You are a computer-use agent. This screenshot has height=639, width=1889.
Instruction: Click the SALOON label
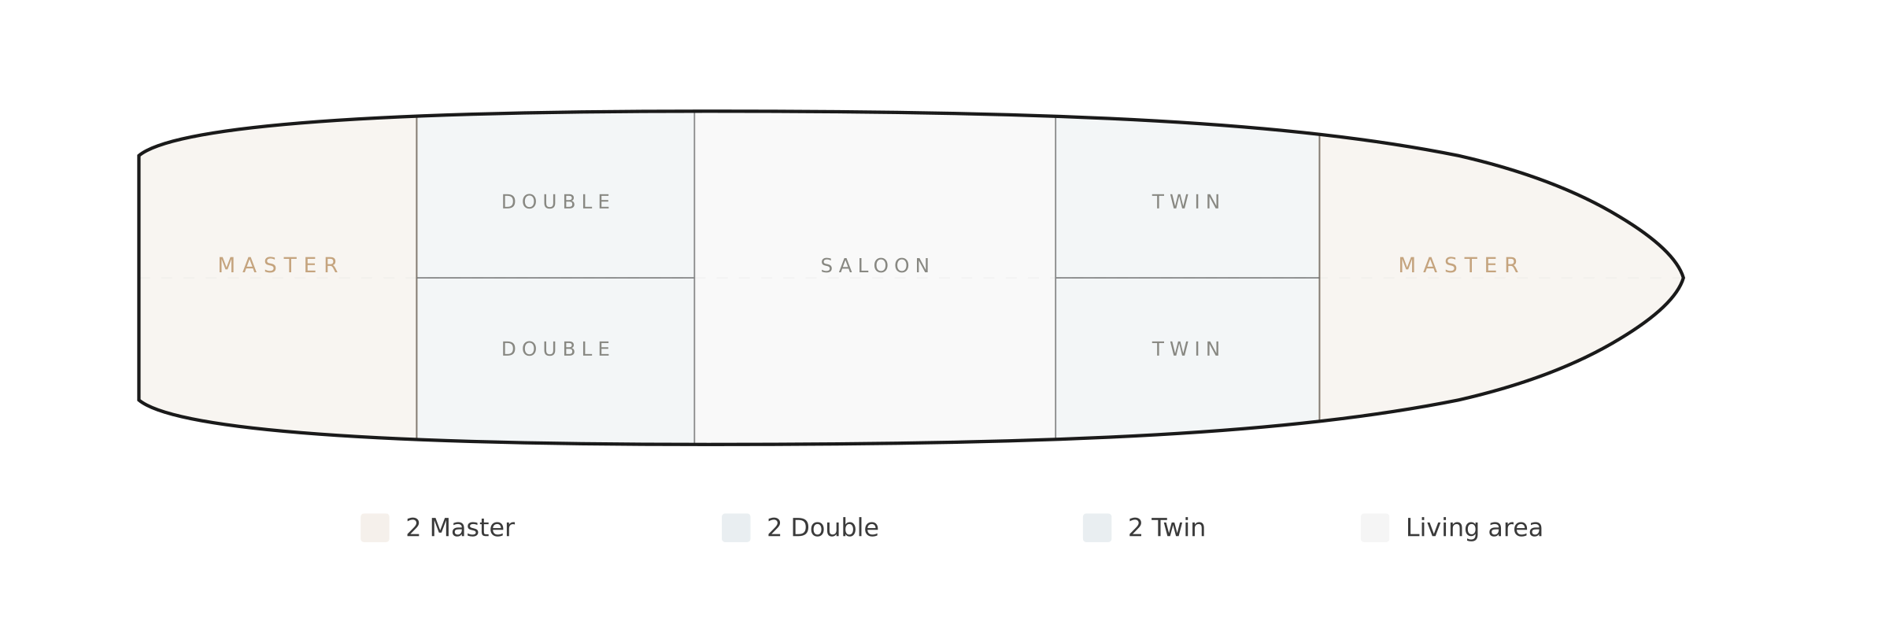(875, 266)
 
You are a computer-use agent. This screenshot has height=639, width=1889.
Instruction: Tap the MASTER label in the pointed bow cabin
(1458, 265)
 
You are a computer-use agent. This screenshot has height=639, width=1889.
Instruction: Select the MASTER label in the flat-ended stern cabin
(279, 265)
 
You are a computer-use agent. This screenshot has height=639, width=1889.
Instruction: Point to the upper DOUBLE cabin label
(556, 202)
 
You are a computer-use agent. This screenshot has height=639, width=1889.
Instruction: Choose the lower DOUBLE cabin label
(556, 349)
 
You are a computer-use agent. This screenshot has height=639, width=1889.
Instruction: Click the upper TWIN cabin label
(1186, 202)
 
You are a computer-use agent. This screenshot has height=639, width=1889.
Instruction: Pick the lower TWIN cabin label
(1186, 349)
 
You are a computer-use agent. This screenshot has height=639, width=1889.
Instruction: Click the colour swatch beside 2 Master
(375, 528)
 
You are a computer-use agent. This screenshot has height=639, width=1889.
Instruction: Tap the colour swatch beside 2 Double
(736, 528)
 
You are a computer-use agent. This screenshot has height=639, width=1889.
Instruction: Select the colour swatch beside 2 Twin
(1097, 528)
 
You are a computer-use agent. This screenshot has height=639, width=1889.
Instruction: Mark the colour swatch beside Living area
(1375, 528)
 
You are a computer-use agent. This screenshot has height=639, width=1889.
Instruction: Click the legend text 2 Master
(460, 528)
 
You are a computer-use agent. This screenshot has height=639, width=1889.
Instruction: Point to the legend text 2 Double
(823, 528)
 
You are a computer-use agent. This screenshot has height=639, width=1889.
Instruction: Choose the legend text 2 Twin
(1166, 528)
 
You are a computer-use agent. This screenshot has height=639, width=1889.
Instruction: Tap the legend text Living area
(1474, 528)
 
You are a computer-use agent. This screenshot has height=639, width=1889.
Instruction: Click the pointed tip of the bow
(1683, 278)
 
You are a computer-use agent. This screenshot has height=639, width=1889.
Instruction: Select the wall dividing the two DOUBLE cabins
(556, 278)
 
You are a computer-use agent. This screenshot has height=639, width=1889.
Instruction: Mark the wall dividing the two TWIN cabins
(1187, 278)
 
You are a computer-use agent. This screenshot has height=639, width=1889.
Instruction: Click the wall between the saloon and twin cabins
(1055, 278)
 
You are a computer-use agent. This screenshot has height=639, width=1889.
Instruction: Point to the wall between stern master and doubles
(416, 278)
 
